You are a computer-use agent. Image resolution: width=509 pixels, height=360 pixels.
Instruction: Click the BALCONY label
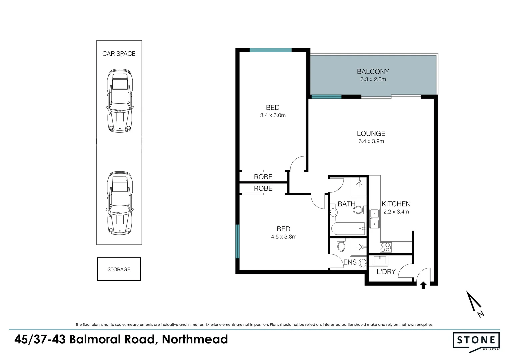coord(373,71)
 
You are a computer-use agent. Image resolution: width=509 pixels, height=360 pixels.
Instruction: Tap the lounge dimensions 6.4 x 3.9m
coord(371,141)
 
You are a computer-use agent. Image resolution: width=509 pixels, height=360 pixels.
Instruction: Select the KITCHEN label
coord(396,204)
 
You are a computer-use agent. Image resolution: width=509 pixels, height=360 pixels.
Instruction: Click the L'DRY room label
coord(386,272)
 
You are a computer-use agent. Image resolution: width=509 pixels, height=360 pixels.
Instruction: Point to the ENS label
coord(350,262)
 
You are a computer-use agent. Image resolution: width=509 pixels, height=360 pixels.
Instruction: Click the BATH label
coord(346,204)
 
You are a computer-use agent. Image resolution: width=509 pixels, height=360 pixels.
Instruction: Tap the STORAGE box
coord(119,269)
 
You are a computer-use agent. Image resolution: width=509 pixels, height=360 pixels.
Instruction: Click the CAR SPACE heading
coord(119,54)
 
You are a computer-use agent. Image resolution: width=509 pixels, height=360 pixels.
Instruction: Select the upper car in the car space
coord(119,101)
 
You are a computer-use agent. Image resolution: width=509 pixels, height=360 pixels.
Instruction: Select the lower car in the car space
coord(119,203)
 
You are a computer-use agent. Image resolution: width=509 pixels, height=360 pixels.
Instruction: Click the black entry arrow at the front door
coord(423,285)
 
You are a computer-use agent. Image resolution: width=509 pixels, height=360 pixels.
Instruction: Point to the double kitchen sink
coord(374,219)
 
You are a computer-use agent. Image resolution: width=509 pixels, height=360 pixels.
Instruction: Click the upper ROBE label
coord(263,177)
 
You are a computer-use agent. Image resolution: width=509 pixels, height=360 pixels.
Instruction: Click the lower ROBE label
coord(263,188)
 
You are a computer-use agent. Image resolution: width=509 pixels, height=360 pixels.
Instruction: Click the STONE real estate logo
coord(476,341)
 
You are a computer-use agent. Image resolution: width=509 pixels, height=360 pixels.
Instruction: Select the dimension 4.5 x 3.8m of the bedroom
coord(283,237)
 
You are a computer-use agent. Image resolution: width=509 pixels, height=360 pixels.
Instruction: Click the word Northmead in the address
coord(195,339)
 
